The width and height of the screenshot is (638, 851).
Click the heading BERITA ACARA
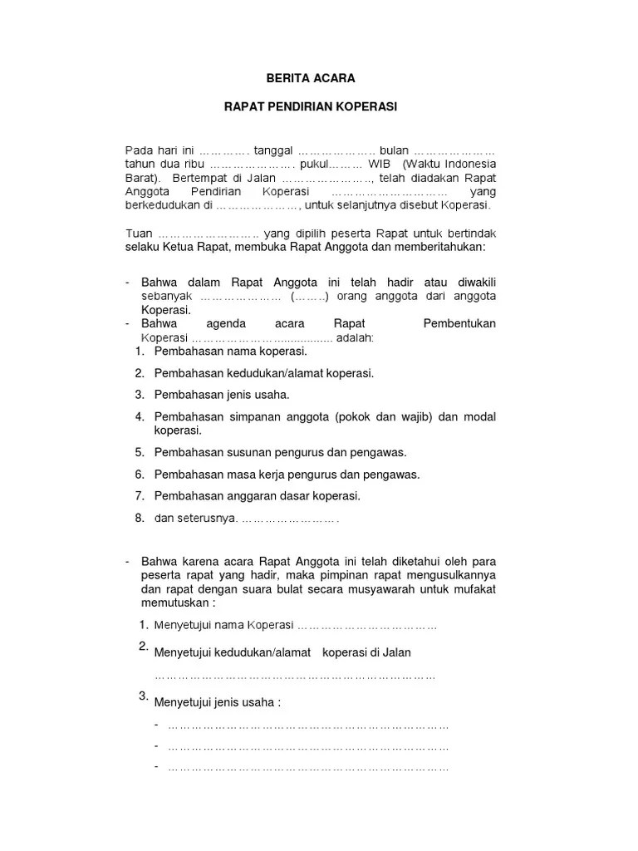click(x=310, y=78)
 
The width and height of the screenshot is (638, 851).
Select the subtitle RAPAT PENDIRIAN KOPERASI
click(x=310, y=107)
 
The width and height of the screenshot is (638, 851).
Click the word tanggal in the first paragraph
click(x=273, y=150)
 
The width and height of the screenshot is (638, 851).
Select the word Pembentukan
click(x=459, y=323)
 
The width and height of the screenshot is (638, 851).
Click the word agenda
click(x=213, y=323)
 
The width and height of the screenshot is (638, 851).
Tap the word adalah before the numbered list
click(x=354, y=337)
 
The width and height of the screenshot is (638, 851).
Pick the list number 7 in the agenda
click(x=140, y=496)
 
